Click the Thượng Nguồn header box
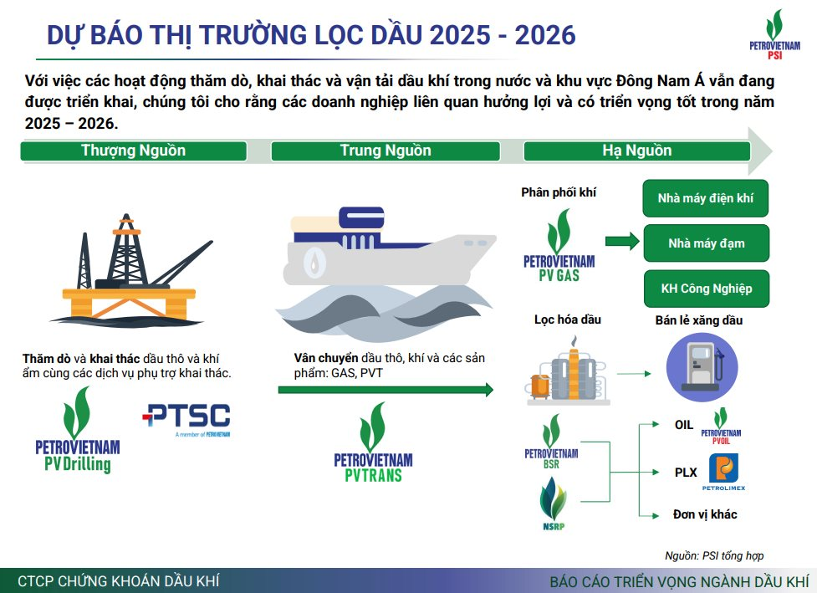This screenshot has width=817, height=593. pyautogui.click(x=134, y=151)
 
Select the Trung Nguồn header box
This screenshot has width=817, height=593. pyautogui.click(x=386, y=151)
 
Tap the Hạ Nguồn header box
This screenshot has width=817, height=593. pyautogui.click(x=636, y=151)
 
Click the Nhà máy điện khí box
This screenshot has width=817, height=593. pyautogui.click(x=705, y=198)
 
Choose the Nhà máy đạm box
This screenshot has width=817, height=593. pyautogui.click(x=705, y=243)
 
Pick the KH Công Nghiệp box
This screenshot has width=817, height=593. pyautogui.click(x=705, y=289)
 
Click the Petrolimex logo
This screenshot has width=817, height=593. pyautogui.click(x=723, y=473)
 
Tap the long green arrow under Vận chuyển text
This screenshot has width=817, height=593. pyautogui.click(x=386, y=389)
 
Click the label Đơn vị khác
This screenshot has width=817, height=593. pyautogui.click(x=705, y=514)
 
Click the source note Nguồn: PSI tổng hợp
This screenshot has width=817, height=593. pyautogui.click(x=713, y=555)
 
